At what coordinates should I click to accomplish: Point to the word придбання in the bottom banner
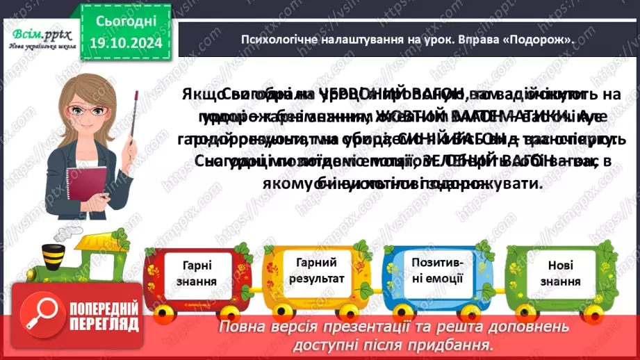[459, 345]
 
